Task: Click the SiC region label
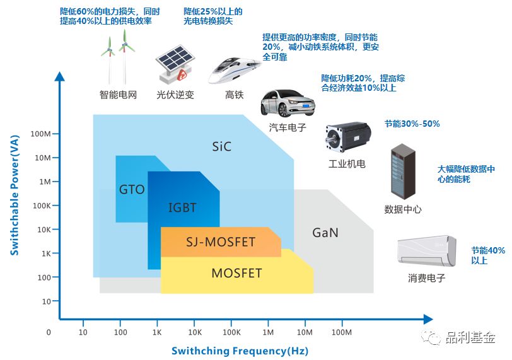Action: [222, 146]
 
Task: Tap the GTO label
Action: [132, 189]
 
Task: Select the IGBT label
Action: [182, 207]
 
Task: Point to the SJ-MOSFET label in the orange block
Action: [221, 242]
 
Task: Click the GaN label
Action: [325, 233]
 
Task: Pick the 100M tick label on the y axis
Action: [40, 134]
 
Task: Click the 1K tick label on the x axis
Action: [157, 332]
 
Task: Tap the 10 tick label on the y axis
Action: [47, 301]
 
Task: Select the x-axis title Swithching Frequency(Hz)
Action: [240, 351]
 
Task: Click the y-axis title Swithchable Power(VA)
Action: [15, 195]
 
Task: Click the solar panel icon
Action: [175, 63]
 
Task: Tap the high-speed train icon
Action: [235, 71]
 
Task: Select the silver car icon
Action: [288, 103]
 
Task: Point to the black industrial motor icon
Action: [348, 137]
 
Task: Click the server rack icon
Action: [404, 171]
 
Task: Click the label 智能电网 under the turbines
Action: [118, 95]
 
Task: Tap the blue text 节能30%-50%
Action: [412, 124]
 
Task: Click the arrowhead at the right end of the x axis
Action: [428, 319]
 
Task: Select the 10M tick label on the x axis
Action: [305, 332]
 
